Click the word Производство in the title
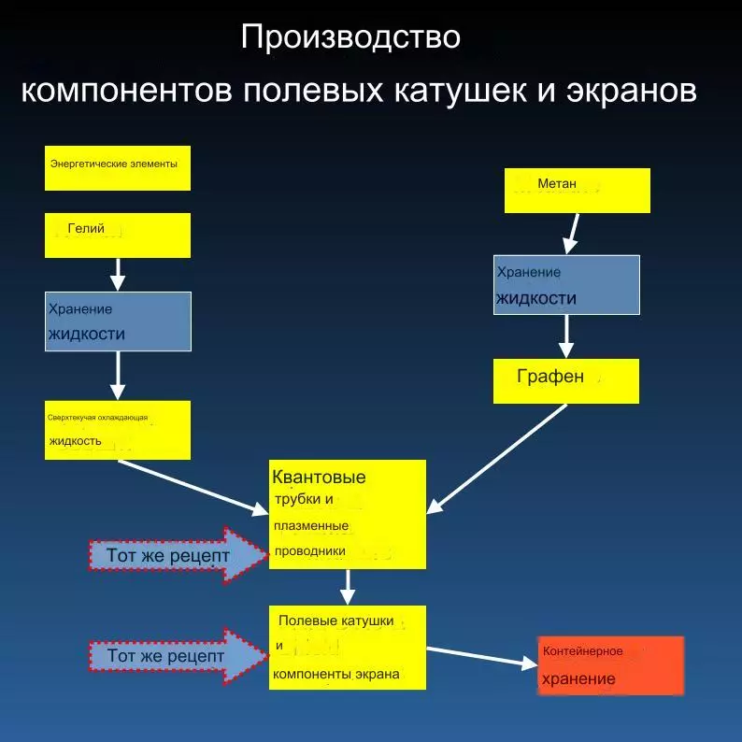(x=350, y=37)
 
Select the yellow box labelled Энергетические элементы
(x=118, y=168)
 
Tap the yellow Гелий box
(x=118, y=235)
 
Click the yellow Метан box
(x=577, y=190)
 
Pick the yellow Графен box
(x=566, y=380)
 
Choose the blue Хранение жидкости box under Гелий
(x=118, y=321)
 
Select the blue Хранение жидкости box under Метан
(x=566, y=284)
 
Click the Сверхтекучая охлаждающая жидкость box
(x=118, y=430)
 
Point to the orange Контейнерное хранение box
(x=611, y=665)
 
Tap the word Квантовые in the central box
(x=320, y=478)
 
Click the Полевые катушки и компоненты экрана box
(x=348, y=648)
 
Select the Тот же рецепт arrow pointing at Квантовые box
(x=178, y=554)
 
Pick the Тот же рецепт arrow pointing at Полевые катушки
(x=178, y=656)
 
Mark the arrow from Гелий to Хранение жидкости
(x=118, y=273)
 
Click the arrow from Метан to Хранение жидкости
(x=571, y=234)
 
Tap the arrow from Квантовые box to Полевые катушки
(x=348, y=587)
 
